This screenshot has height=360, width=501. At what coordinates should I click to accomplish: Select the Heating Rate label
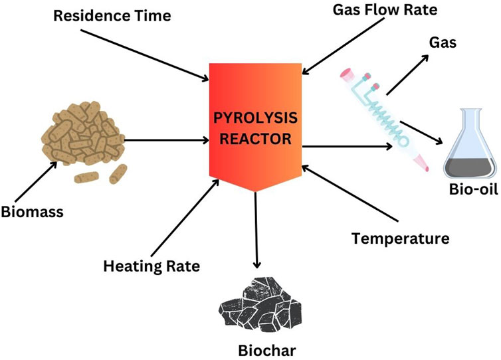tap(151, 266)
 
